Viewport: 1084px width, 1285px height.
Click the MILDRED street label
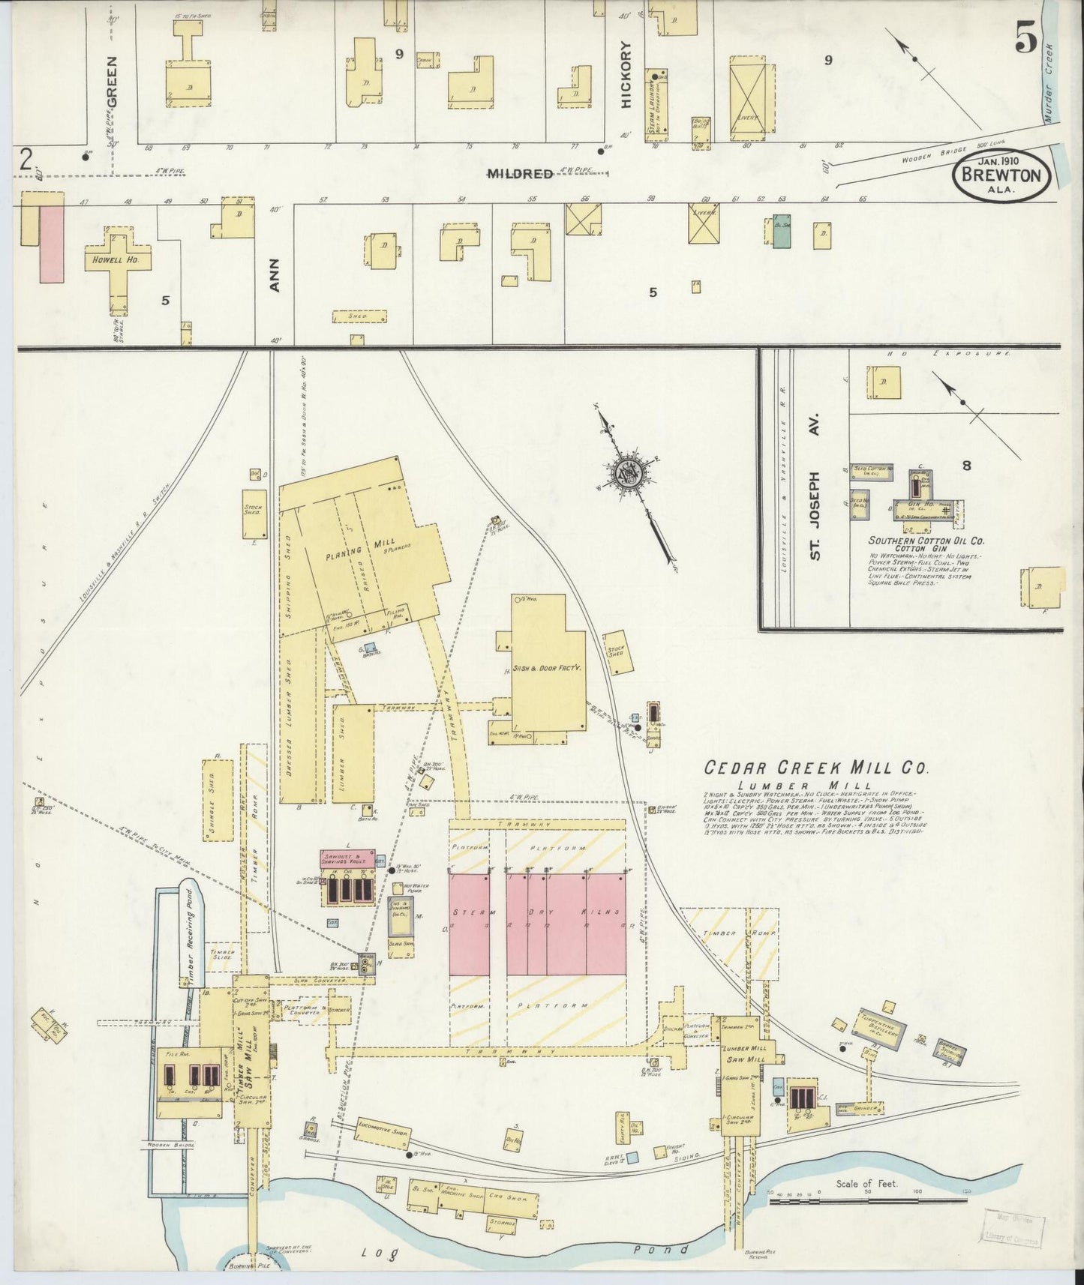pyautogui.click(x=520, y=174)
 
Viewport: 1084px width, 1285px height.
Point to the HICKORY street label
pyautogui.click(x=627, y=75)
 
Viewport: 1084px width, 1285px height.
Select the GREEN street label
pyautogui.click(x=112, y=80)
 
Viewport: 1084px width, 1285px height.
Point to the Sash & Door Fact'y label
pyautogui.click(x=548, y=666)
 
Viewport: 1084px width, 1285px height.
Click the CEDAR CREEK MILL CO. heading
pyautogui.click(x=815, y=768)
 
